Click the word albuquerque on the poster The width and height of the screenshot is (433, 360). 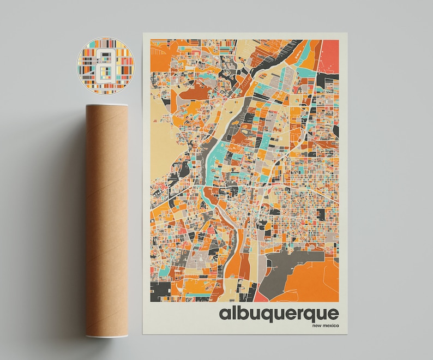279,314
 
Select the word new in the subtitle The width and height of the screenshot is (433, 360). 316,326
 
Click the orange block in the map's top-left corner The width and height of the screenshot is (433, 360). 161,52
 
